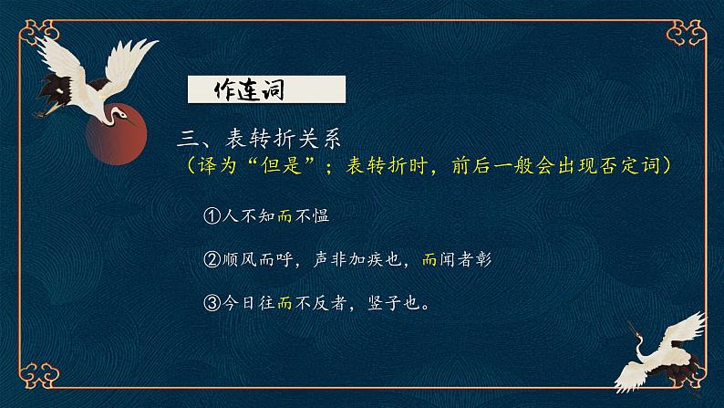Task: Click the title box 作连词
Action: pos(265,90)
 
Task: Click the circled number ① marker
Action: pos(212,216)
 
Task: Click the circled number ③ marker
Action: pos(212,303)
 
